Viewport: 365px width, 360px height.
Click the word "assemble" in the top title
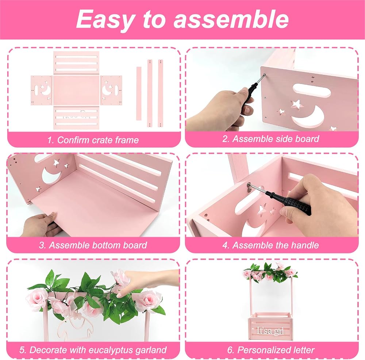click(231, 19)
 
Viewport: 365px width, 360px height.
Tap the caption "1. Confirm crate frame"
click(93, 140)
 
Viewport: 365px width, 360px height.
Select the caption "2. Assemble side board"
click(270, 139)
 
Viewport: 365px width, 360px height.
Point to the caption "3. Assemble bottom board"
click(93, 245)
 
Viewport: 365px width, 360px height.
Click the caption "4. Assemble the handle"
click(270, 245)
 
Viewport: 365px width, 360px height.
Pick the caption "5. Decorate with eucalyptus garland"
click(93, 350)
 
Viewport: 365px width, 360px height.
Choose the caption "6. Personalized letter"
click(271, 350)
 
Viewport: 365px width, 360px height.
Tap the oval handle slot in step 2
click(311, 91)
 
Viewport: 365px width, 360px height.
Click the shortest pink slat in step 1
click(139, 93)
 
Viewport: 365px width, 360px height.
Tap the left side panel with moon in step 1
click(42, 90)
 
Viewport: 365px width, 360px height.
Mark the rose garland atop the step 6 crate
click(270, 272)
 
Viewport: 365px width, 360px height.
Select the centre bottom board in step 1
click(77, 90)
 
